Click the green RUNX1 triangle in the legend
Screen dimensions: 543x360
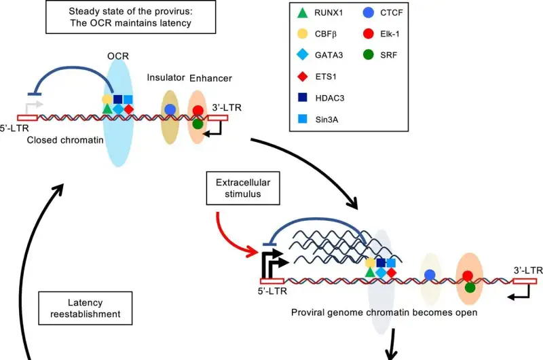pyautogui.click(x=303, y=13)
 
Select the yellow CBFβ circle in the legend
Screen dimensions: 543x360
pyautogui.click(x=303, y=34)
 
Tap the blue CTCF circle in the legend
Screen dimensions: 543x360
pyautogui.click(x=369, y=13)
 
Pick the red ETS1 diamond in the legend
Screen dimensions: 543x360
pyautogui.click(x=303, y=77)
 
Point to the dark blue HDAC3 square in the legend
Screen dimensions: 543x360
pyautogui.click(x=303, y=97)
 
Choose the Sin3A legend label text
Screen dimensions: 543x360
pyautogui.click(x=326, y=120)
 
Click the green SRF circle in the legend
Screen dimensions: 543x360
pyautogui.click(x=369, y=55)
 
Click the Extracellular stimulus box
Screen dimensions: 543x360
pyautogui.click(x=243, y=188)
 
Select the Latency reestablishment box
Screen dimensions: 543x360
pyautogui.click(x=86, y=308)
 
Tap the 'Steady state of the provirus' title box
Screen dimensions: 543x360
pyautogui.click(x=130, y=17)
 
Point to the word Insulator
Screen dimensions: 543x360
pyautogui.click(x=166, y=77)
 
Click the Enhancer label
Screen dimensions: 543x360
pyautogui.click(x=210, y=78)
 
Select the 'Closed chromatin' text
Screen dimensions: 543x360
pyautogui.click(x=65, y=140)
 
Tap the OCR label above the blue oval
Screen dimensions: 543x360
pyautogui.click(x=118, y=56)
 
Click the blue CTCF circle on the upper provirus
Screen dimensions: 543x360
pyautogui.click(x=170, y=109)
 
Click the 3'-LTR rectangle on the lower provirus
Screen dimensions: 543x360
pyautogui.click(x=525, y=281)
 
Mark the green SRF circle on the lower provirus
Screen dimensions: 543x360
pyautogui.click(x=470, y=287)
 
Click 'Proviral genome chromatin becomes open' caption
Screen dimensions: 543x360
pyautogui.click(x=384, y=312)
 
